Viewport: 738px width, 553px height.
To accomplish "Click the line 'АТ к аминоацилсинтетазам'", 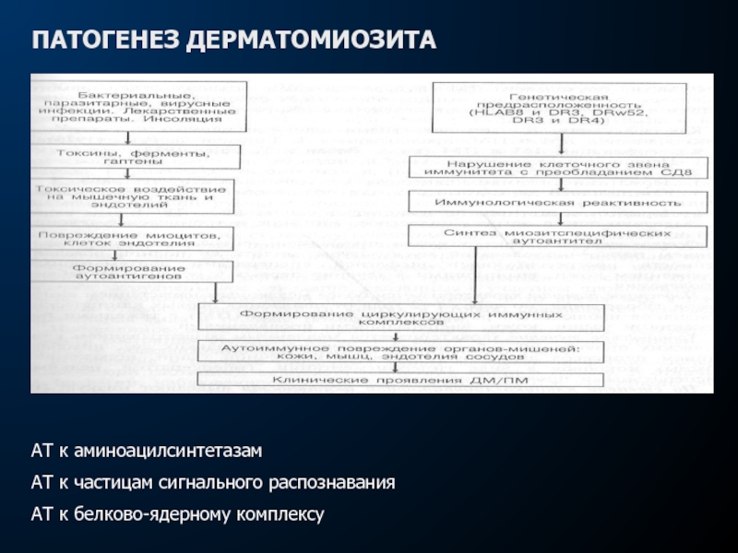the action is (x=148, y=453).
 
